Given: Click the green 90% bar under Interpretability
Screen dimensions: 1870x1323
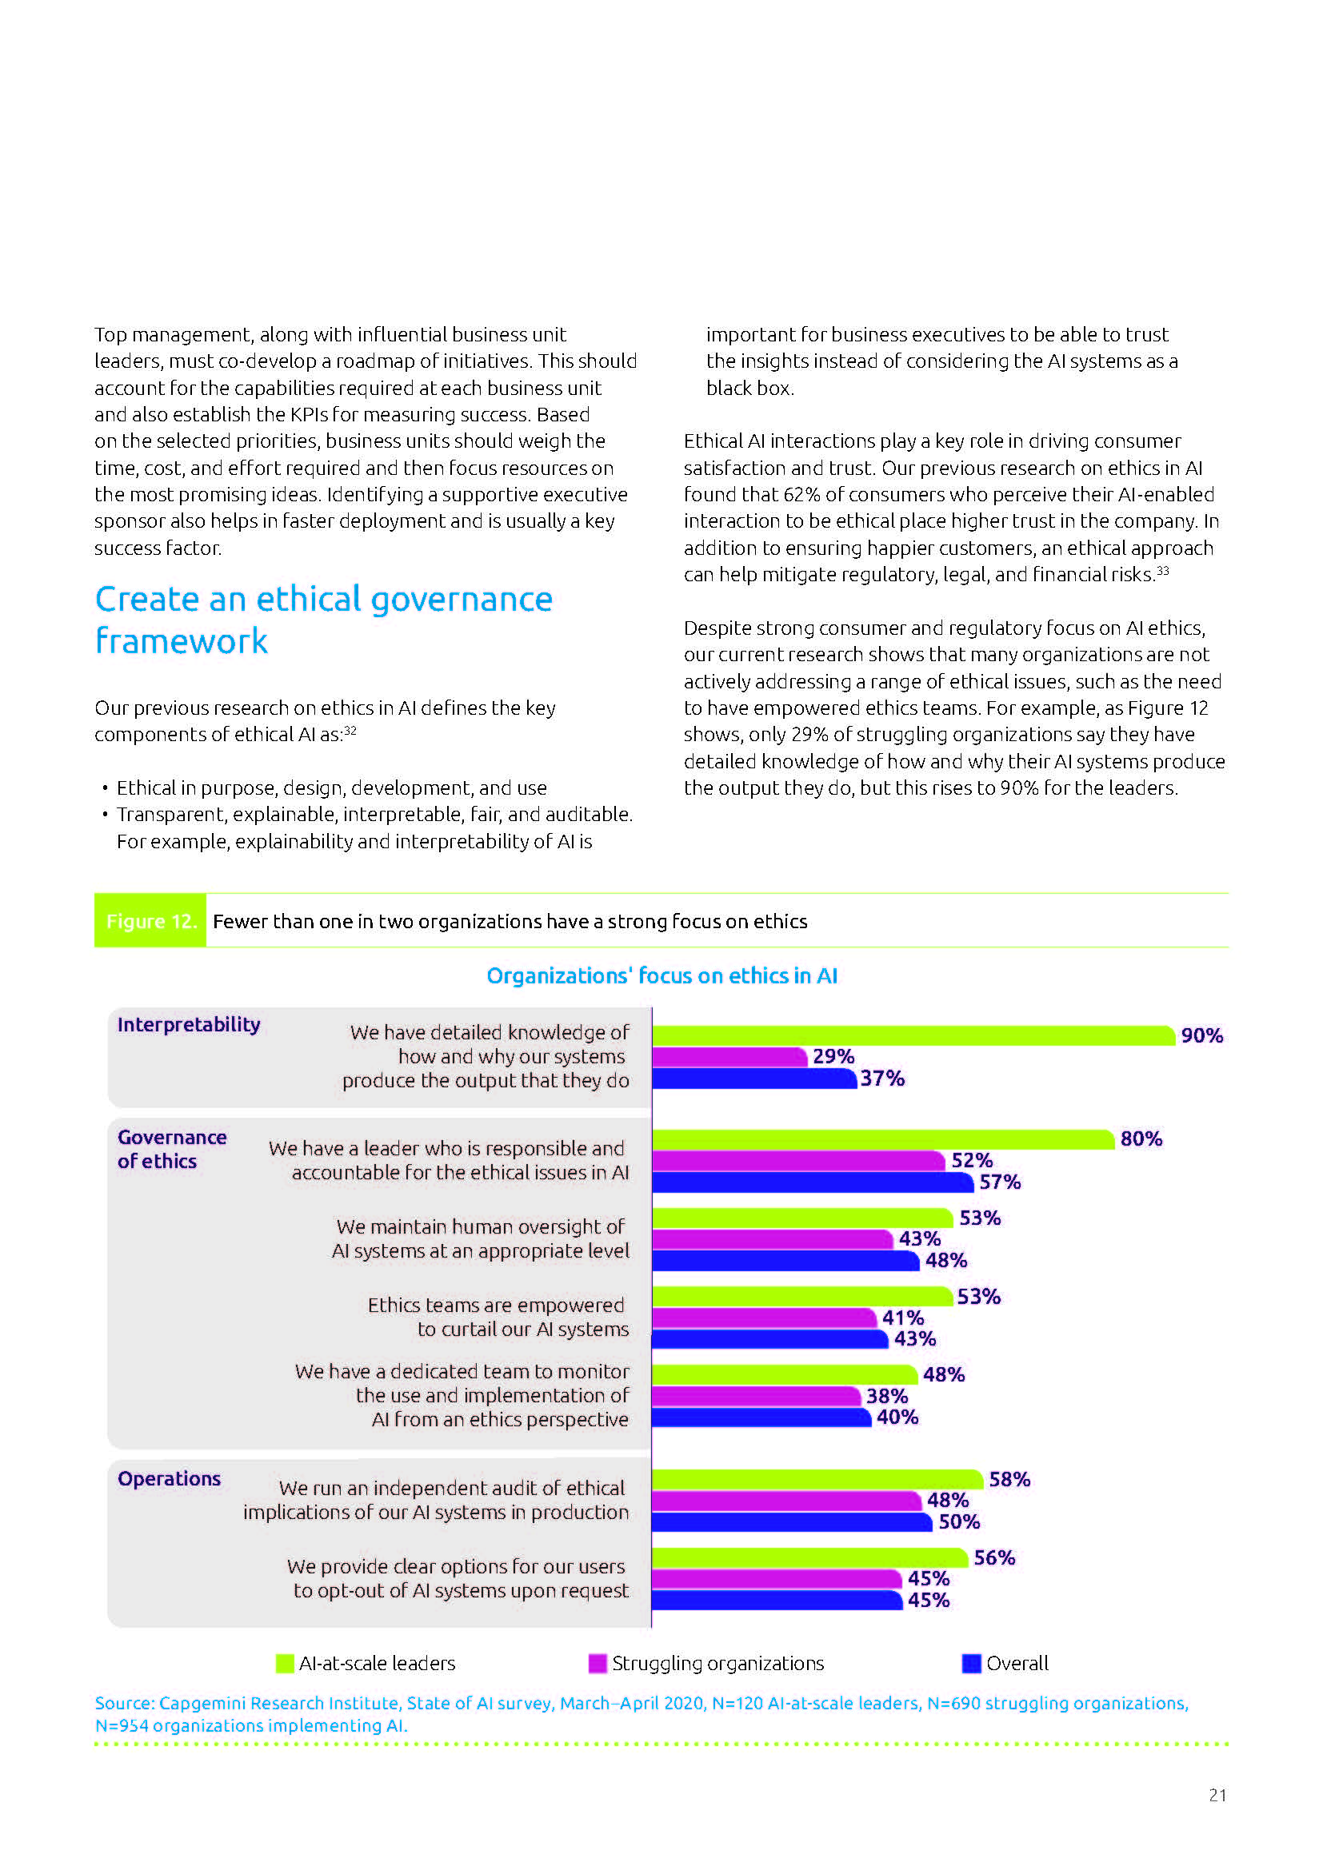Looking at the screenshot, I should tap(913, 1035).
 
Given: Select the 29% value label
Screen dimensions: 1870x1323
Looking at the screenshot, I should tap(833, 1056).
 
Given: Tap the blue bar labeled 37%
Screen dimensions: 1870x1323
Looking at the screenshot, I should tap(754, 1079).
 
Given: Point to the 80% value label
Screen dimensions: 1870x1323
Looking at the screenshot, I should tap(1141, 1138).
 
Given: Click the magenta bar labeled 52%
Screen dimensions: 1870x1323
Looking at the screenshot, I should tap(798, 1161).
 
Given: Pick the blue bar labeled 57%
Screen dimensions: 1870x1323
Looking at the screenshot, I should tap(812, 1182).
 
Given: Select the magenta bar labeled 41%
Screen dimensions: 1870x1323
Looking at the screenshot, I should tap(764, 1318).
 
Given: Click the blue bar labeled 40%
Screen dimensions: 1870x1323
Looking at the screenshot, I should tap(761, 1417).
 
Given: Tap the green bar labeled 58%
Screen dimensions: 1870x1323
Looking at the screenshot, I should tap(817, 1479).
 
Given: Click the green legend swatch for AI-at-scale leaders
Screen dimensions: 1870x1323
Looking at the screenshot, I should tap(284, 1663).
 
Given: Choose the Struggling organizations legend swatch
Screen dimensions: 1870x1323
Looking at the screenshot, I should tap(598, 1663).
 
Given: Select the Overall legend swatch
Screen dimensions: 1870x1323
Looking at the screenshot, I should tap(971, 1663).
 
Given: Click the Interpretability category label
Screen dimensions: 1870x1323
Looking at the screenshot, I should tap(188, 1025).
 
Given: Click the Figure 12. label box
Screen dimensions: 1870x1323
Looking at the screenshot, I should tap(150, 921).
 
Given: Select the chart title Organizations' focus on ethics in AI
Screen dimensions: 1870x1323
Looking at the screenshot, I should tap(661, 975).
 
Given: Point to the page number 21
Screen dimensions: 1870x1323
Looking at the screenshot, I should tap(1217, 1795).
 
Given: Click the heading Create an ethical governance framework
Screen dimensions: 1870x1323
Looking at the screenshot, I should tap(323, 620).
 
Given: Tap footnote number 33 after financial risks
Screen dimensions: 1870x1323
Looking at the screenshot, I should tap(1162, 571).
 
